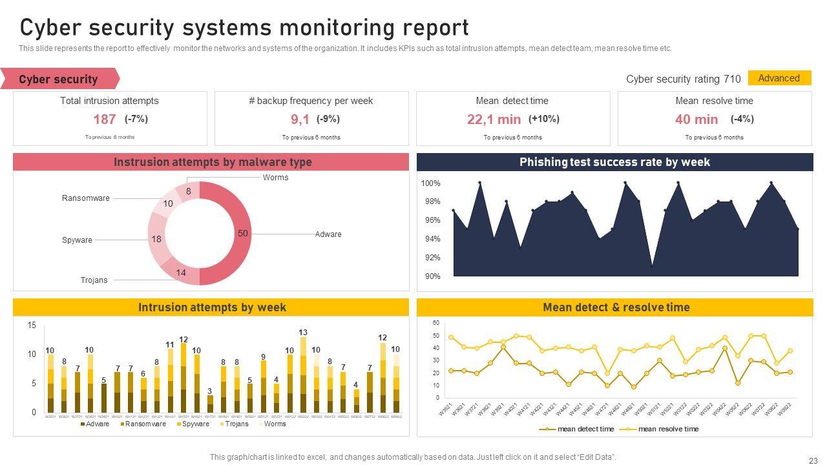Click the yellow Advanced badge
pyautogui.click(x=779, y=78)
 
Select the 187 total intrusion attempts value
pyautogui.click(x=105, y=119)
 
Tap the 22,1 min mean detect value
pyautogui.click(x=494, y=119)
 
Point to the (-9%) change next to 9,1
pyautogui.click(x=328, y=119)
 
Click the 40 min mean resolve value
pyautogui.click(x=696, y=119)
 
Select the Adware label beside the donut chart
pyautogui.click(x=328, y=234)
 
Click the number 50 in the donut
pyautogui.click(x=243, y=233)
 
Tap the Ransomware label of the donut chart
pyautogui.click(x=86, y=198)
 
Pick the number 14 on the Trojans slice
pyautogui.click(x=181, y=273)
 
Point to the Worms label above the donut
pyautogui.click(x=276, y=178)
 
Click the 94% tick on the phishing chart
pyautogui.click(x=431, y=239)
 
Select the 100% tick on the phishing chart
pyautogui.click(x=431, y=183)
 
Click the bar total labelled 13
pyautogui.click(x=303, y=333)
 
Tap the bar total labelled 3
pyautogui.click(x=209, y=391)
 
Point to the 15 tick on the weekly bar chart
pyautogui.click(x=32, y=325)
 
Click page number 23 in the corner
pyautogui.click(x=813, y=460)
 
